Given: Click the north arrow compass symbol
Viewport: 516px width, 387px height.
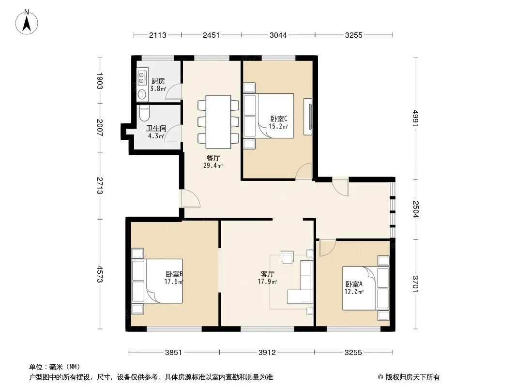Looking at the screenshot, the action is (x=27, y=22).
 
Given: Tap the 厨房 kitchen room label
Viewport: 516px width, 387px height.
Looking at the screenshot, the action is (x=158, y=81).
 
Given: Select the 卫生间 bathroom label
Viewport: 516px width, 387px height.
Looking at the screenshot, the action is (x=156, y=128).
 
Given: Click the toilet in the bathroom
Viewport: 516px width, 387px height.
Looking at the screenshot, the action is (x=144, y=113).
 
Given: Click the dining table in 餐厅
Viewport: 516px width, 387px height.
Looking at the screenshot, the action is (x=218, y=121).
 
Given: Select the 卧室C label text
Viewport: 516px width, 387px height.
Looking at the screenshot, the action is (x=279, y=119).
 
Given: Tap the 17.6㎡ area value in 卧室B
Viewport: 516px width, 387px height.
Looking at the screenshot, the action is (x=174, y=282).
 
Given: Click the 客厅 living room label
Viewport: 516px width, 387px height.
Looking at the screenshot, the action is (x=267, y=274).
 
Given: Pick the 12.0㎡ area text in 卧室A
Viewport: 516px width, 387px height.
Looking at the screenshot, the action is (x=354, y=292).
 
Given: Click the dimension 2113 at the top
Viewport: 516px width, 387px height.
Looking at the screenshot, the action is (x=158, y=35).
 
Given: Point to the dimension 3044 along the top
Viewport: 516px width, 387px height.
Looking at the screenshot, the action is (x=278, y=35).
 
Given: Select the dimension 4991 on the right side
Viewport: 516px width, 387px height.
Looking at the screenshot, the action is (x=416, y=118).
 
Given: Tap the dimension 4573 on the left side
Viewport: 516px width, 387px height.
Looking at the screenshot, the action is (x=100, y=274).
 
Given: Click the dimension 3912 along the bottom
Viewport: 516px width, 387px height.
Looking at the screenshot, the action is (x=267, y=353).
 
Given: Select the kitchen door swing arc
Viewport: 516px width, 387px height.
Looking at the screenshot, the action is (x=173, y=92).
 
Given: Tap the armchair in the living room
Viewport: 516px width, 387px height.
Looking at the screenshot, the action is (x=287, y=257).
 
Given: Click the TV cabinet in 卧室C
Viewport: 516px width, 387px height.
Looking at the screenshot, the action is (x=308, y=117).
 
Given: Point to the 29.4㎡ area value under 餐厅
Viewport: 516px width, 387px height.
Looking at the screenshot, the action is (x=213, y=166).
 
